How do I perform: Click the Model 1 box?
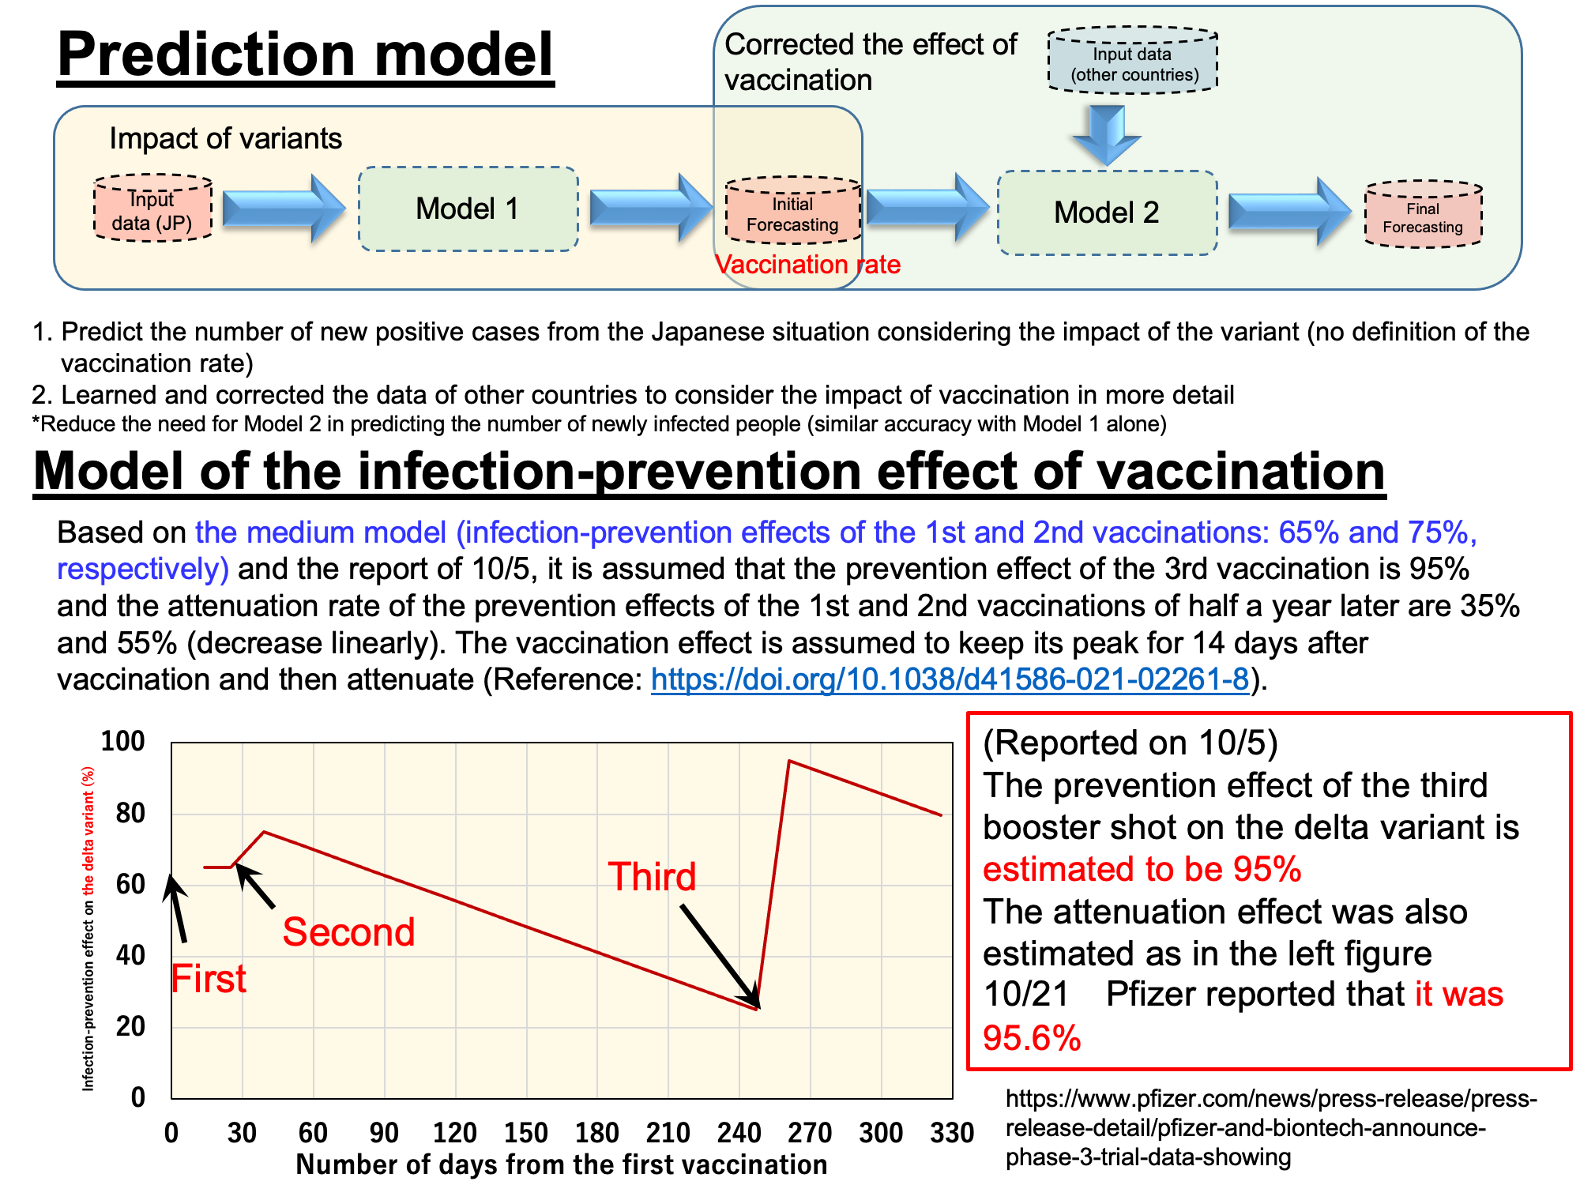468,209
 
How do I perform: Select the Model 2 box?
1107,213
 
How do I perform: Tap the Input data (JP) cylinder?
153,209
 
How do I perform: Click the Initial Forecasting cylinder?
793,210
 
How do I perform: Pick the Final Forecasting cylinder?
1423,214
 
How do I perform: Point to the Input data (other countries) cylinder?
1133,61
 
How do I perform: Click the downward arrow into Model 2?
1107,135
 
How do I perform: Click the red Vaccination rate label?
807,264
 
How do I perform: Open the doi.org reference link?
950,679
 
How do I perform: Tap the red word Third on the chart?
652,877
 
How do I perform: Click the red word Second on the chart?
348,932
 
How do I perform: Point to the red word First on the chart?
209,979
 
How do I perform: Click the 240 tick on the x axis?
739,1133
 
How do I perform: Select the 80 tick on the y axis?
130,813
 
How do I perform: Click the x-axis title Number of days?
562,1164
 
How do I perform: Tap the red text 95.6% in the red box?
1032,1037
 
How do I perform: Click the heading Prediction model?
306,55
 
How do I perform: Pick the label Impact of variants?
226,138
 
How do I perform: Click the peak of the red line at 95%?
788,761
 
